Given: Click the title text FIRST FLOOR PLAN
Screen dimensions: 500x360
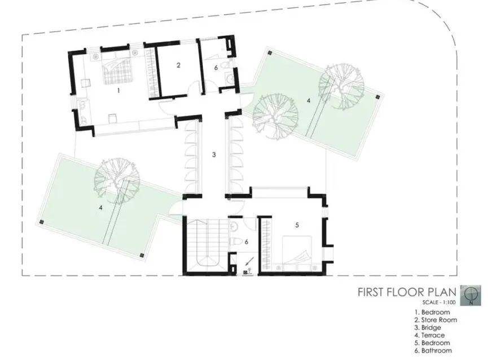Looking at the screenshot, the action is coord(407,292).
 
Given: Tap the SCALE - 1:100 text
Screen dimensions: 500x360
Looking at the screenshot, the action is coord(439,302).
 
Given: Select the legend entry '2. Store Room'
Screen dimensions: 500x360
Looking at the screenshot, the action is coord(436,320).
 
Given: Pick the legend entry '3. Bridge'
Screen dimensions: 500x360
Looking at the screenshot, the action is coord(428,327).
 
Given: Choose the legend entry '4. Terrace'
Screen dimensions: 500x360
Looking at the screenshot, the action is coord(429,335).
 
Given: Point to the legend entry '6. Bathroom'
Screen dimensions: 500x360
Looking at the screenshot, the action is coord(433,350).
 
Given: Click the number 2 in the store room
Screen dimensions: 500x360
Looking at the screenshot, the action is coord(178,65).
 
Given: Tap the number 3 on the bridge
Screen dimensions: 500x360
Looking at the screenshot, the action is coord(214,155).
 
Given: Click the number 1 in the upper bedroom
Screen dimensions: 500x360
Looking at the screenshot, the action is coord(119,90).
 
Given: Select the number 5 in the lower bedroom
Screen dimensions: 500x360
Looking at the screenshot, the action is coord(297,225).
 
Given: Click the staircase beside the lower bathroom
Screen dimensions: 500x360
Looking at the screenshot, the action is coord(205,244).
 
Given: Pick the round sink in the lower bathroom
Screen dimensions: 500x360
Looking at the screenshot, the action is coord(234,226).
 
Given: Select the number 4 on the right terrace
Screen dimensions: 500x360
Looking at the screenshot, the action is coord(308,100).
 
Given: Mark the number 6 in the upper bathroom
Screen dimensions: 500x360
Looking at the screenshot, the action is coord(216,68).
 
